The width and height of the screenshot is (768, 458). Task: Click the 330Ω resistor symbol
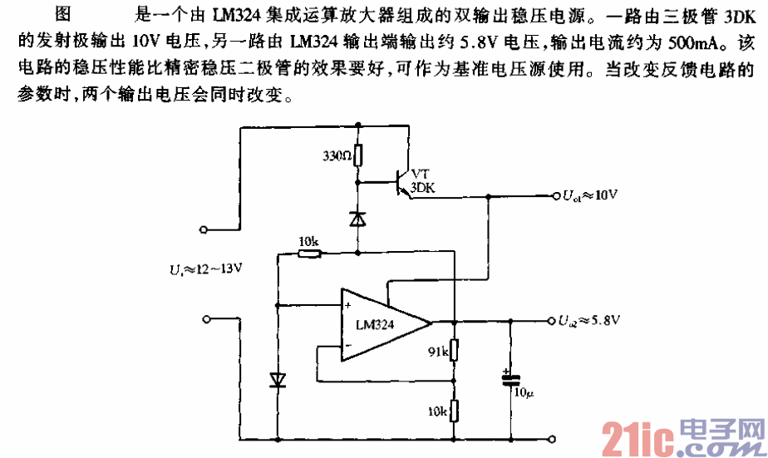click(358, 155)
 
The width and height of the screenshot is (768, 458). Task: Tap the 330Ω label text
click(335, 155)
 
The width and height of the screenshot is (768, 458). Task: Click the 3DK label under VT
click(422, 188)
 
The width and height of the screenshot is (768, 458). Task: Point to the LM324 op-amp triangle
click(382, 325)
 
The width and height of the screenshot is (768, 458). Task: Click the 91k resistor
click(454, 349)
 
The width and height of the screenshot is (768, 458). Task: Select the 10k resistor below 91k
click(454, 409)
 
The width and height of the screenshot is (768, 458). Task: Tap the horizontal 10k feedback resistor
click(309, 253)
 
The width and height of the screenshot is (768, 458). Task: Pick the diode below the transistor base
click(358, 219)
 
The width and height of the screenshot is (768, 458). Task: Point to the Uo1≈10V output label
click(590, 196)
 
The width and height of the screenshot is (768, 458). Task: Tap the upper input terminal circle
click(202, 228)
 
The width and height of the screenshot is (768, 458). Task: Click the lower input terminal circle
click(202, 318)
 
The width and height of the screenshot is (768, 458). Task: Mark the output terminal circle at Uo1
click(554, 196)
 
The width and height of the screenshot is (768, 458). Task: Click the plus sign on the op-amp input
click(347, 306)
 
